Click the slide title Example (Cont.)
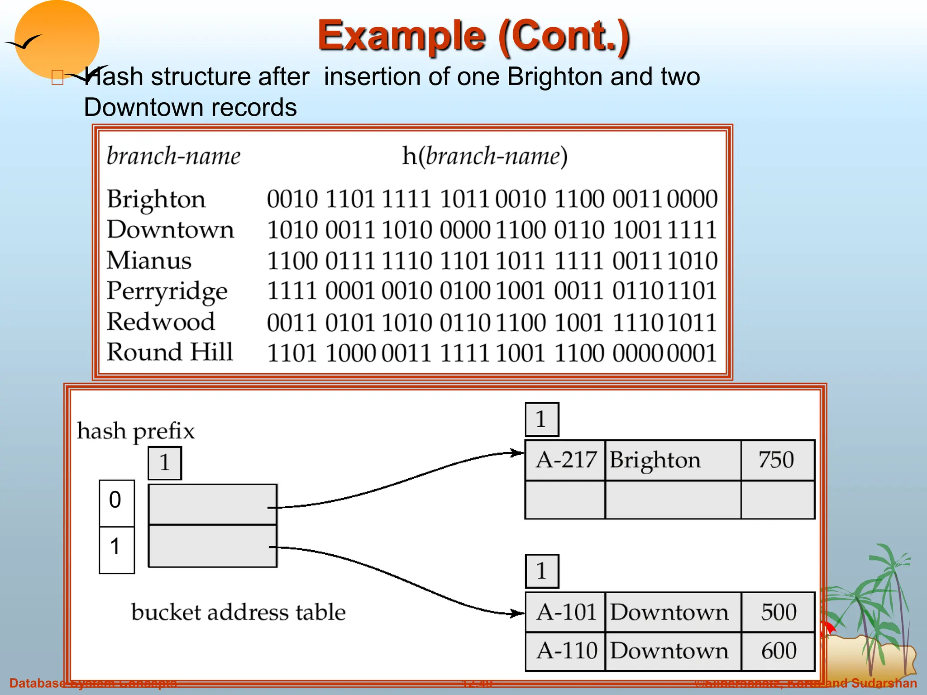pos(473,36)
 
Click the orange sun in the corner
pos(57,38)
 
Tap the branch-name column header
pos(173,156)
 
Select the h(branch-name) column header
pos(485,156)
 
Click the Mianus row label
pos(149,261)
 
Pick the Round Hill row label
pos(170,352)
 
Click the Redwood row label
pos(161,322)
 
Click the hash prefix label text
pos(136,431)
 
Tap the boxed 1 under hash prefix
pos(165,463)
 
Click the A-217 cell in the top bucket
pos(565,460)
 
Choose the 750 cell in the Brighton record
pos(777,460)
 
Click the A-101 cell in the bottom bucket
pos(565,612)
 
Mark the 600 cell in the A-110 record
pos(778,651)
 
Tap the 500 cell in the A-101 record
pos(778,612)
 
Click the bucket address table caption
pos(239,612)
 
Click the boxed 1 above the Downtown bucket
pos(542,571)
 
